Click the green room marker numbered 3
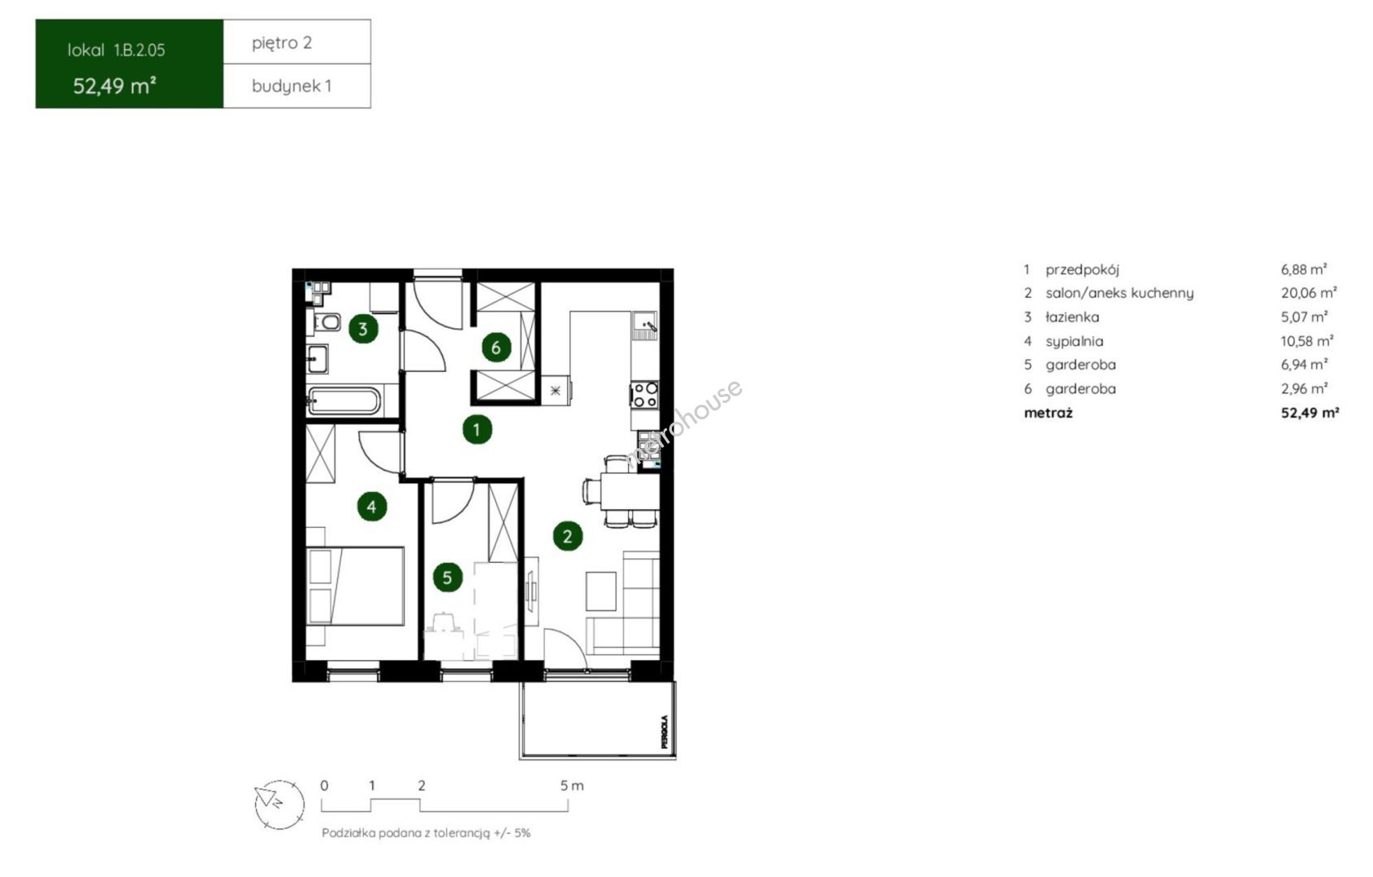363,329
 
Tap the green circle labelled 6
496,348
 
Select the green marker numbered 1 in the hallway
477,430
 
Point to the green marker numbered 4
371,506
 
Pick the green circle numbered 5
448,577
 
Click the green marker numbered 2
568,536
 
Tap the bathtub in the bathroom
343,401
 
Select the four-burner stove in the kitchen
645,395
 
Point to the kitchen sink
645,326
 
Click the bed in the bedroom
355,586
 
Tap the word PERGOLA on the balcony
665,732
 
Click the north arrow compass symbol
279,805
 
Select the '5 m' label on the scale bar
572,786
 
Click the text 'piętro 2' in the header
282,43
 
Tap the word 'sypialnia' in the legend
1074,341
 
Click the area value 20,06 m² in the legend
1309,293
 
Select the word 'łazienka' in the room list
1072,317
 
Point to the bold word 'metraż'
1048,413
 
